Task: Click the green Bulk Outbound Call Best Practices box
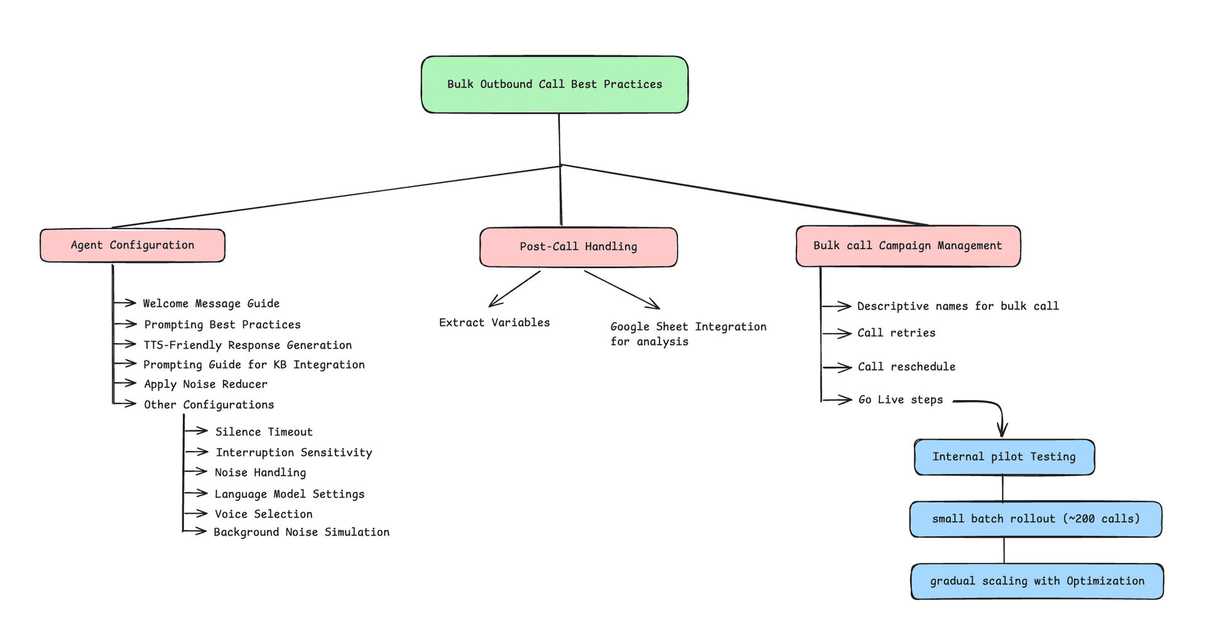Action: [x=554, y=85]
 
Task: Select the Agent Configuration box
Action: [x=133, y=246]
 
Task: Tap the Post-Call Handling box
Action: [x=578, y=247]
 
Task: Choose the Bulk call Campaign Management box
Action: [x=908, y=246]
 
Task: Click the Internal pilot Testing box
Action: [x=1004, y=457]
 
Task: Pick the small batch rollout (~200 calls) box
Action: [x=1035, y=519]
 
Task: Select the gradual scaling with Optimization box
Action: [x=1036, y=581]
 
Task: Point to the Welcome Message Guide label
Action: [x=211, y=303]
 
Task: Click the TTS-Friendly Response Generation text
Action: [x=247, y=345]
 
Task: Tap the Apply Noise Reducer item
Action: [x=205, y=384]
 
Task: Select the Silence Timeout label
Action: [x=264, y=432]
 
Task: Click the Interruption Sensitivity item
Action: [x=293, y=452]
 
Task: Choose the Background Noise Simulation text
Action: [x=301, y=532]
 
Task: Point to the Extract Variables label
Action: [x=494, y=322]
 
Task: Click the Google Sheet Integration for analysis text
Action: [x=688, y=334]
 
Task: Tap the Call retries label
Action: [x=896, y=333]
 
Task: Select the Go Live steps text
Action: [x=900, y=400]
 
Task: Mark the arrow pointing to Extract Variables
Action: [x=514, y=289]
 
